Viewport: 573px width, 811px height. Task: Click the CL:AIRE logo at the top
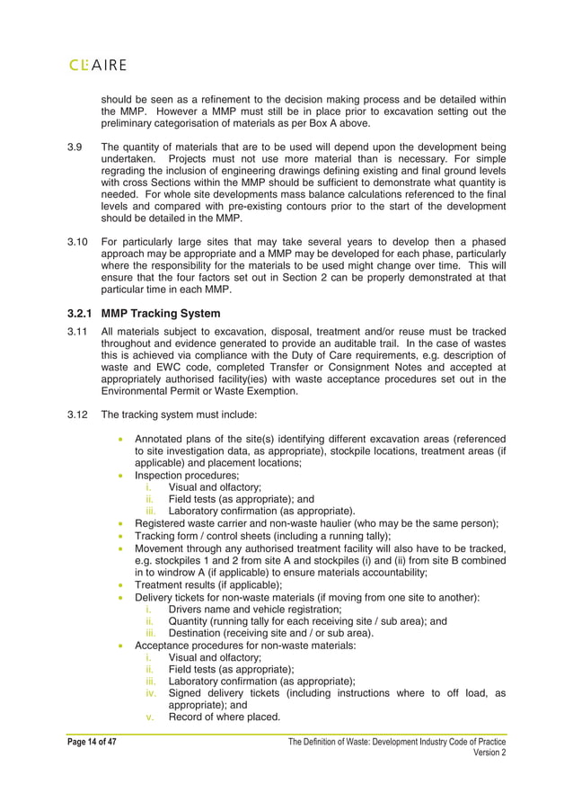pyautogui.click(x=97, y=65)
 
